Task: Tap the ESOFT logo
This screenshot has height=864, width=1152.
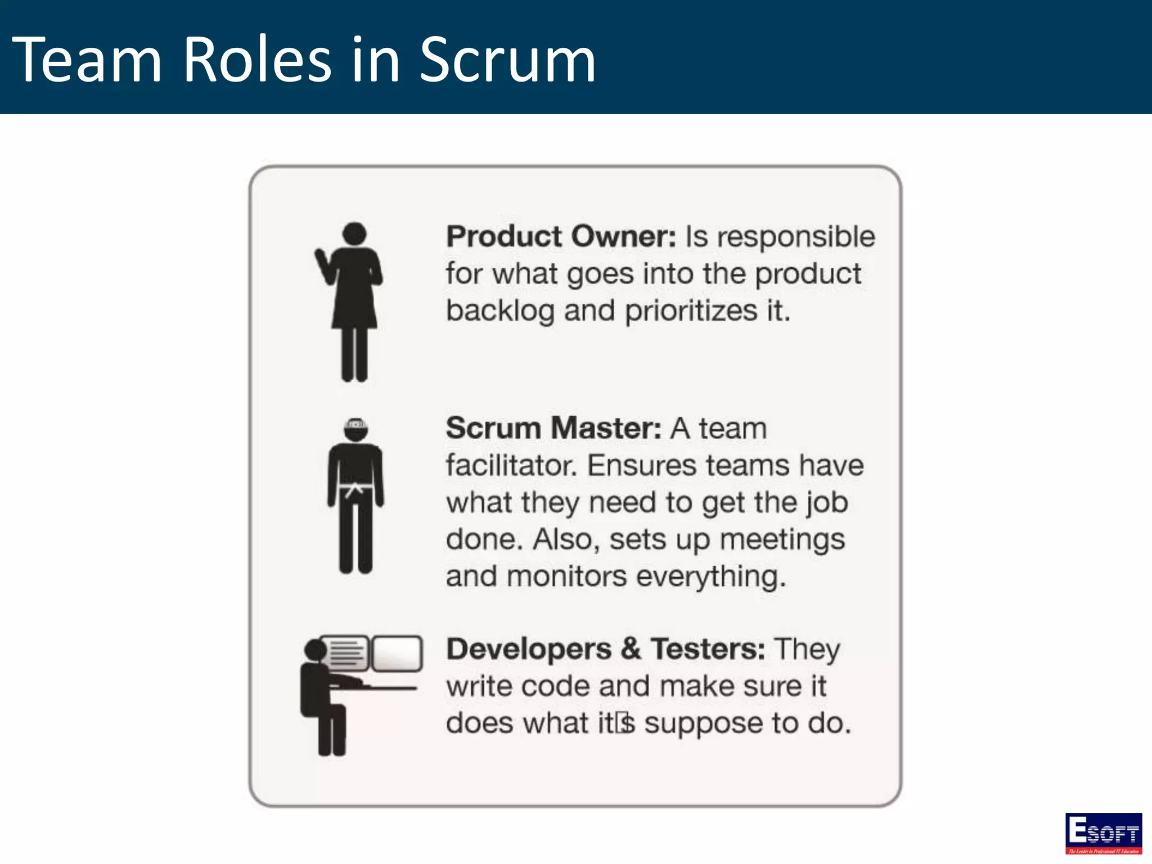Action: [1103, 833]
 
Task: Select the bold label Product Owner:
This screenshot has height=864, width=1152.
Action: [561, 236]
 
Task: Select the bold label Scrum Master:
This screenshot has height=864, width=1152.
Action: [553, 428]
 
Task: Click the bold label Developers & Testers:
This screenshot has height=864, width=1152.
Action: [605, 649]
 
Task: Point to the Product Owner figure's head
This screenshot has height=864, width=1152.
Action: [354, 233]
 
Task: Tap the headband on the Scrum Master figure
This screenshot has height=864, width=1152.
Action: [355, 424]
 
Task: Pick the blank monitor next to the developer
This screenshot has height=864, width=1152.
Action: [397, 652]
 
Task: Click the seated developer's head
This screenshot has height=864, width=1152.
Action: [316, 651]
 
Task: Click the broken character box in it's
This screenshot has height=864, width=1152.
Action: [623, 723]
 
